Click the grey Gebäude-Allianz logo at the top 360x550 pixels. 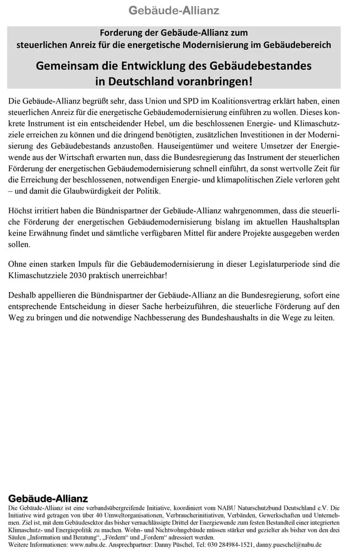point(173,10)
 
